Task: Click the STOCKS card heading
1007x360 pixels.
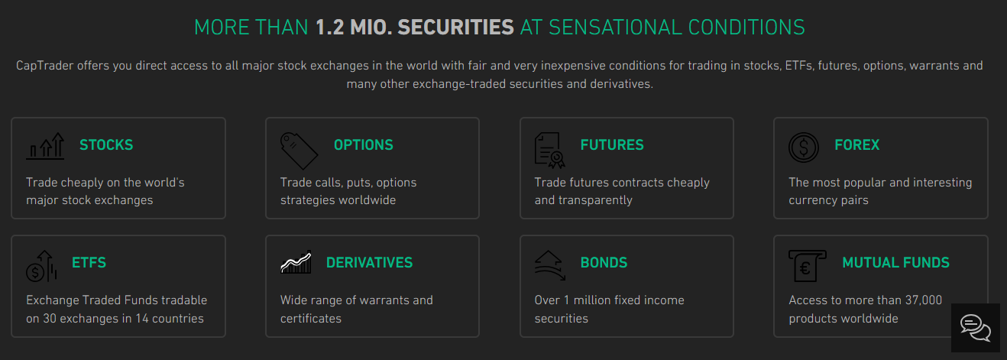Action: click(x=106, y=145)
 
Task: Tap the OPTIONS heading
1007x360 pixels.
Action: click(x=363, y=145)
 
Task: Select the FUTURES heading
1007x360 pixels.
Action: click(x=612, y=145)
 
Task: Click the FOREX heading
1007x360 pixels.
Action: click(x=856, y=145)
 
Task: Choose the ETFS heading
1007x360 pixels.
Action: click(x=89, y=263)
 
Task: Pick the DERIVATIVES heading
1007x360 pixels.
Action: click(x=369, y=263)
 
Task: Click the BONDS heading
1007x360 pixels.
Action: click(x=604, y=263)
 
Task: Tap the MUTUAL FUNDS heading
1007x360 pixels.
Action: click(x=895, y=263)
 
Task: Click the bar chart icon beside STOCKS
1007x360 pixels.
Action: click(x=45, y=146)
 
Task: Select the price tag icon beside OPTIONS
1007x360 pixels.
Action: click(x=299, y=151)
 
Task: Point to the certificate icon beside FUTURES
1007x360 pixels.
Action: click(x=549, y=151)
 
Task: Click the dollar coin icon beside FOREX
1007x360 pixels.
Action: click(x=804, y=148)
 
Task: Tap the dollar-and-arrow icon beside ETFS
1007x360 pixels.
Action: click(x=41, y=267)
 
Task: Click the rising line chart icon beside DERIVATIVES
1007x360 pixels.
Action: click(x=296, y=262)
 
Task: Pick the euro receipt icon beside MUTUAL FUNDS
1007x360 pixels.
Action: click(x=808, y=266)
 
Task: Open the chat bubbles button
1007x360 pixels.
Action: click(x=976, y=328)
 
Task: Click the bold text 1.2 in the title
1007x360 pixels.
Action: click(x=329, y=28)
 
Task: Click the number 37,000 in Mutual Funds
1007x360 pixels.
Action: click(x=924, y=300)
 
